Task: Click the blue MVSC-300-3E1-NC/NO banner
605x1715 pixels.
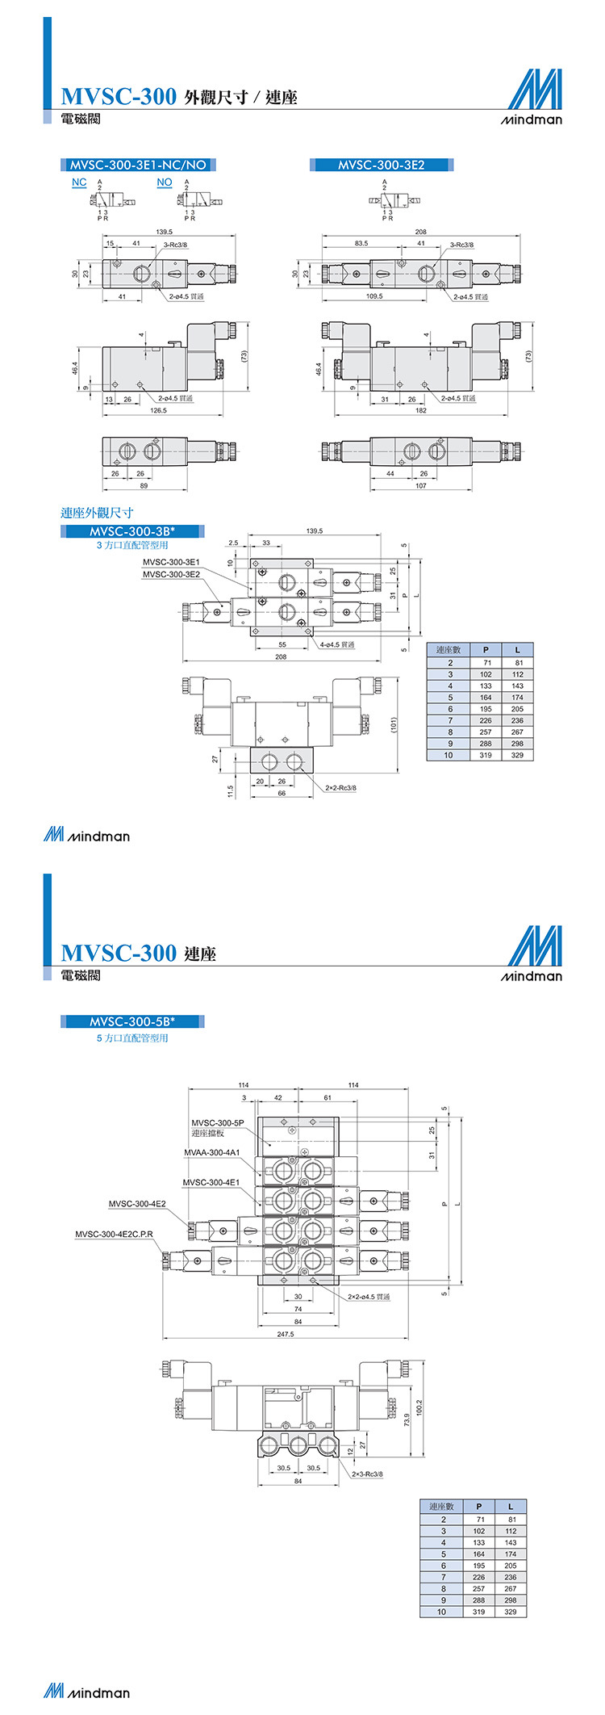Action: (x=138, y=165)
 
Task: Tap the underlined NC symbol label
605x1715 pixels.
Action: (x=79, y=182)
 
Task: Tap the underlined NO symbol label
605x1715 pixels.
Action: (x=165, y=182)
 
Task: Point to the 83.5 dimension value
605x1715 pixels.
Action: (x=361, y=243)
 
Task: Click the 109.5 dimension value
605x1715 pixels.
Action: (x=374, y=296)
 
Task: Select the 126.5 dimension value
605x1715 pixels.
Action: (x=158, y=410)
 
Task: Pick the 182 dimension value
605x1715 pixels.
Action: (x=420, y=410)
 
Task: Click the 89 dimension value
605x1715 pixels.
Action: (x=144, y=485)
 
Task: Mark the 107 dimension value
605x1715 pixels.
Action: (x=420, y=485)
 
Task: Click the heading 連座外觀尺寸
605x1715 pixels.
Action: (x=98, y=513)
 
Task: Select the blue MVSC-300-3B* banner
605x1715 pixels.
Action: (x=132, y=531)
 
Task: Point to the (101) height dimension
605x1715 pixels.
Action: (x=394, y=724)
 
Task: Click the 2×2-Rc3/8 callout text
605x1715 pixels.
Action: (x=340, y=787)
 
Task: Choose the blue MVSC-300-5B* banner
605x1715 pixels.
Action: (x=132, y=1021)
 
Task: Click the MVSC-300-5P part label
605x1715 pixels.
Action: (x=217, y=1122)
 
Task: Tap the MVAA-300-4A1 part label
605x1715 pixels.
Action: (x=212, y=1152)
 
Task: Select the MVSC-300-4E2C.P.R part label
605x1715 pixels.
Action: (x=114, y=1234)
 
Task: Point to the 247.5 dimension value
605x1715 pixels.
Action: (x=286, y=1334)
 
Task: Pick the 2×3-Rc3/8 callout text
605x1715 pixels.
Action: (x=367, y=1474)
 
